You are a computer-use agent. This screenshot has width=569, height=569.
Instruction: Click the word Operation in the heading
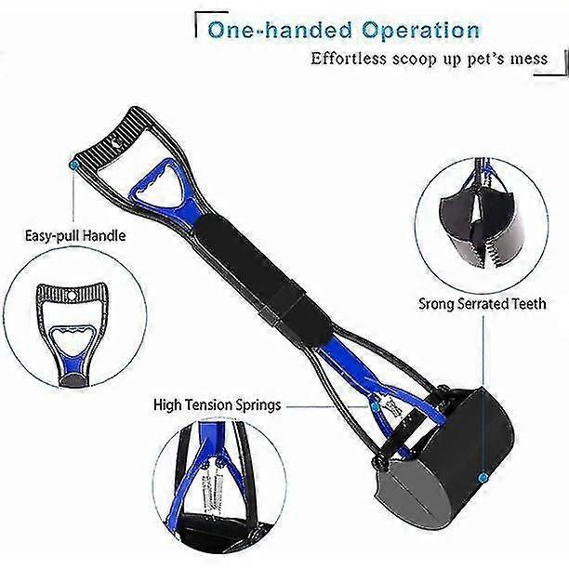coord(420,30)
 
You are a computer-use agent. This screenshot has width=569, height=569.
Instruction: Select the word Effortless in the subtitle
coord(348,59)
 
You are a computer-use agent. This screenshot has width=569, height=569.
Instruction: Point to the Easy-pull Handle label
coord(75,236)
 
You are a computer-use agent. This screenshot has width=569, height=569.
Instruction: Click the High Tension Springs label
coord(217,404)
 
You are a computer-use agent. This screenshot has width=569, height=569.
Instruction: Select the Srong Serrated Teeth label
coord(483,303)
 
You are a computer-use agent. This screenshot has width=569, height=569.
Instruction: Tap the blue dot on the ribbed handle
coord(74,165)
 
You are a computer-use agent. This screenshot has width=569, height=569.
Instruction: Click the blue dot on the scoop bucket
coord(483,478)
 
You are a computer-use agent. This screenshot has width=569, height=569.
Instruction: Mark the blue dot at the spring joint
coord(376,407)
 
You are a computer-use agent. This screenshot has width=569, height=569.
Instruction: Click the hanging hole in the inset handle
coord(72,296)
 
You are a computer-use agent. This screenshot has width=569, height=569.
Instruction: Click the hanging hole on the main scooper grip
coord(117,143)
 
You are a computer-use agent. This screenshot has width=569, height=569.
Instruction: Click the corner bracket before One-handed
coord(210,21)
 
